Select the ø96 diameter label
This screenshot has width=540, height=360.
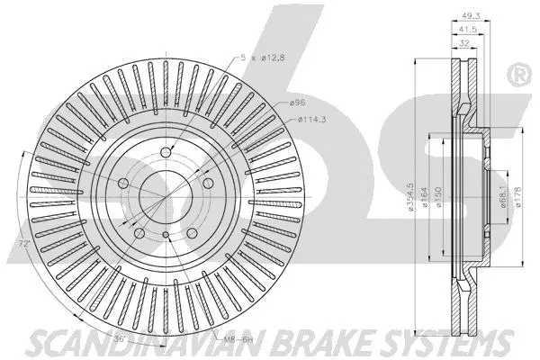pos(300,104)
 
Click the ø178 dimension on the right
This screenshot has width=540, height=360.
pos(517,197)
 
